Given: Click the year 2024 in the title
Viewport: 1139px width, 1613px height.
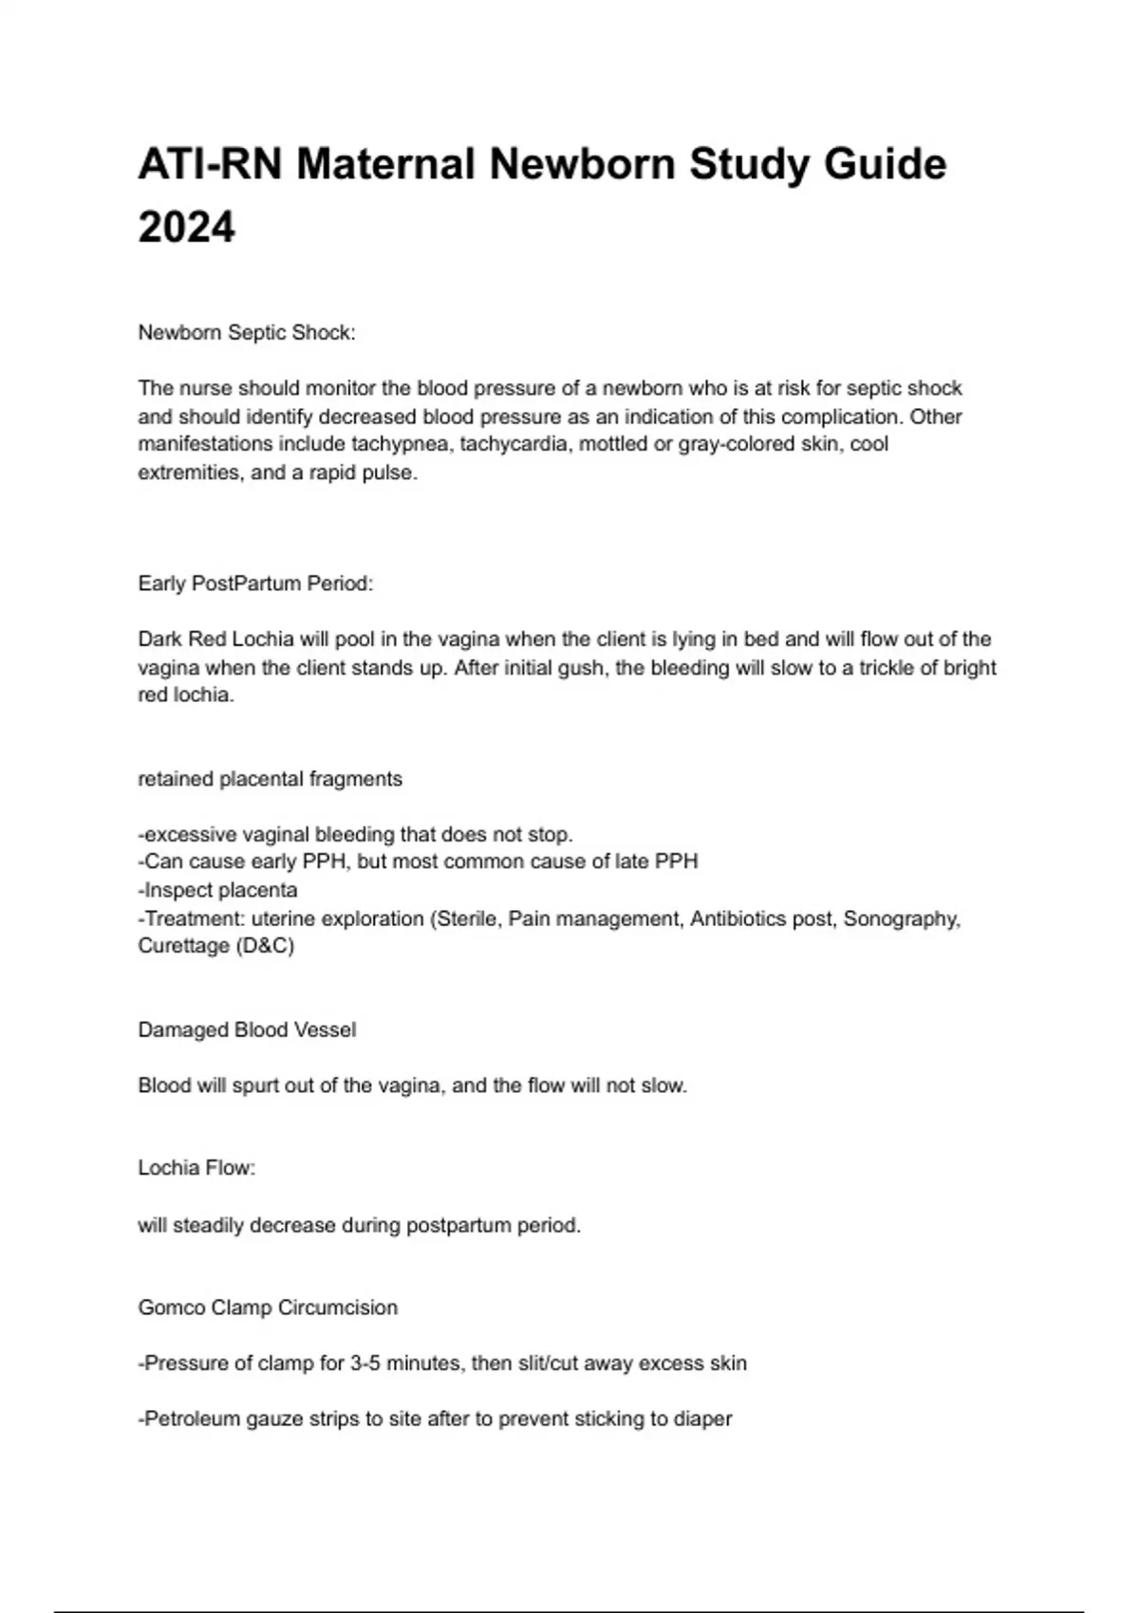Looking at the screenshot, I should [186, 228].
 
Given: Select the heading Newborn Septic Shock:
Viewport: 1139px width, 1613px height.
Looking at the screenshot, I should [247, 333].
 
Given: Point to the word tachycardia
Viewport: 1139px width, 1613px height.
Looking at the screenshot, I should [513, 444].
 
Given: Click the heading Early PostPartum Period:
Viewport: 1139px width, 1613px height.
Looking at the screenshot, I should [255, 584].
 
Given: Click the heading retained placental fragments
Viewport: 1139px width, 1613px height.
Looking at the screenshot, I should [271, 779].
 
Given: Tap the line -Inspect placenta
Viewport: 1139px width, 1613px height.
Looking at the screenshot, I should [218, 890].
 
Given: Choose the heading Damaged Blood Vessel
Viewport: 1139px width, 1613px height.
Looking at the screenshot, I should [247, 1029].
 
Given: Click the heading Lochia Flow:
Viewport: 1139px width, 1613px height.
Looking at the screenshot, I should [196, 1168].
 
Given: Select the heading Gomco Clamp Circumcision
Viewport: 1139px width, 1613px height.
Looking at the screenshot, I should [268, 1307].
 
